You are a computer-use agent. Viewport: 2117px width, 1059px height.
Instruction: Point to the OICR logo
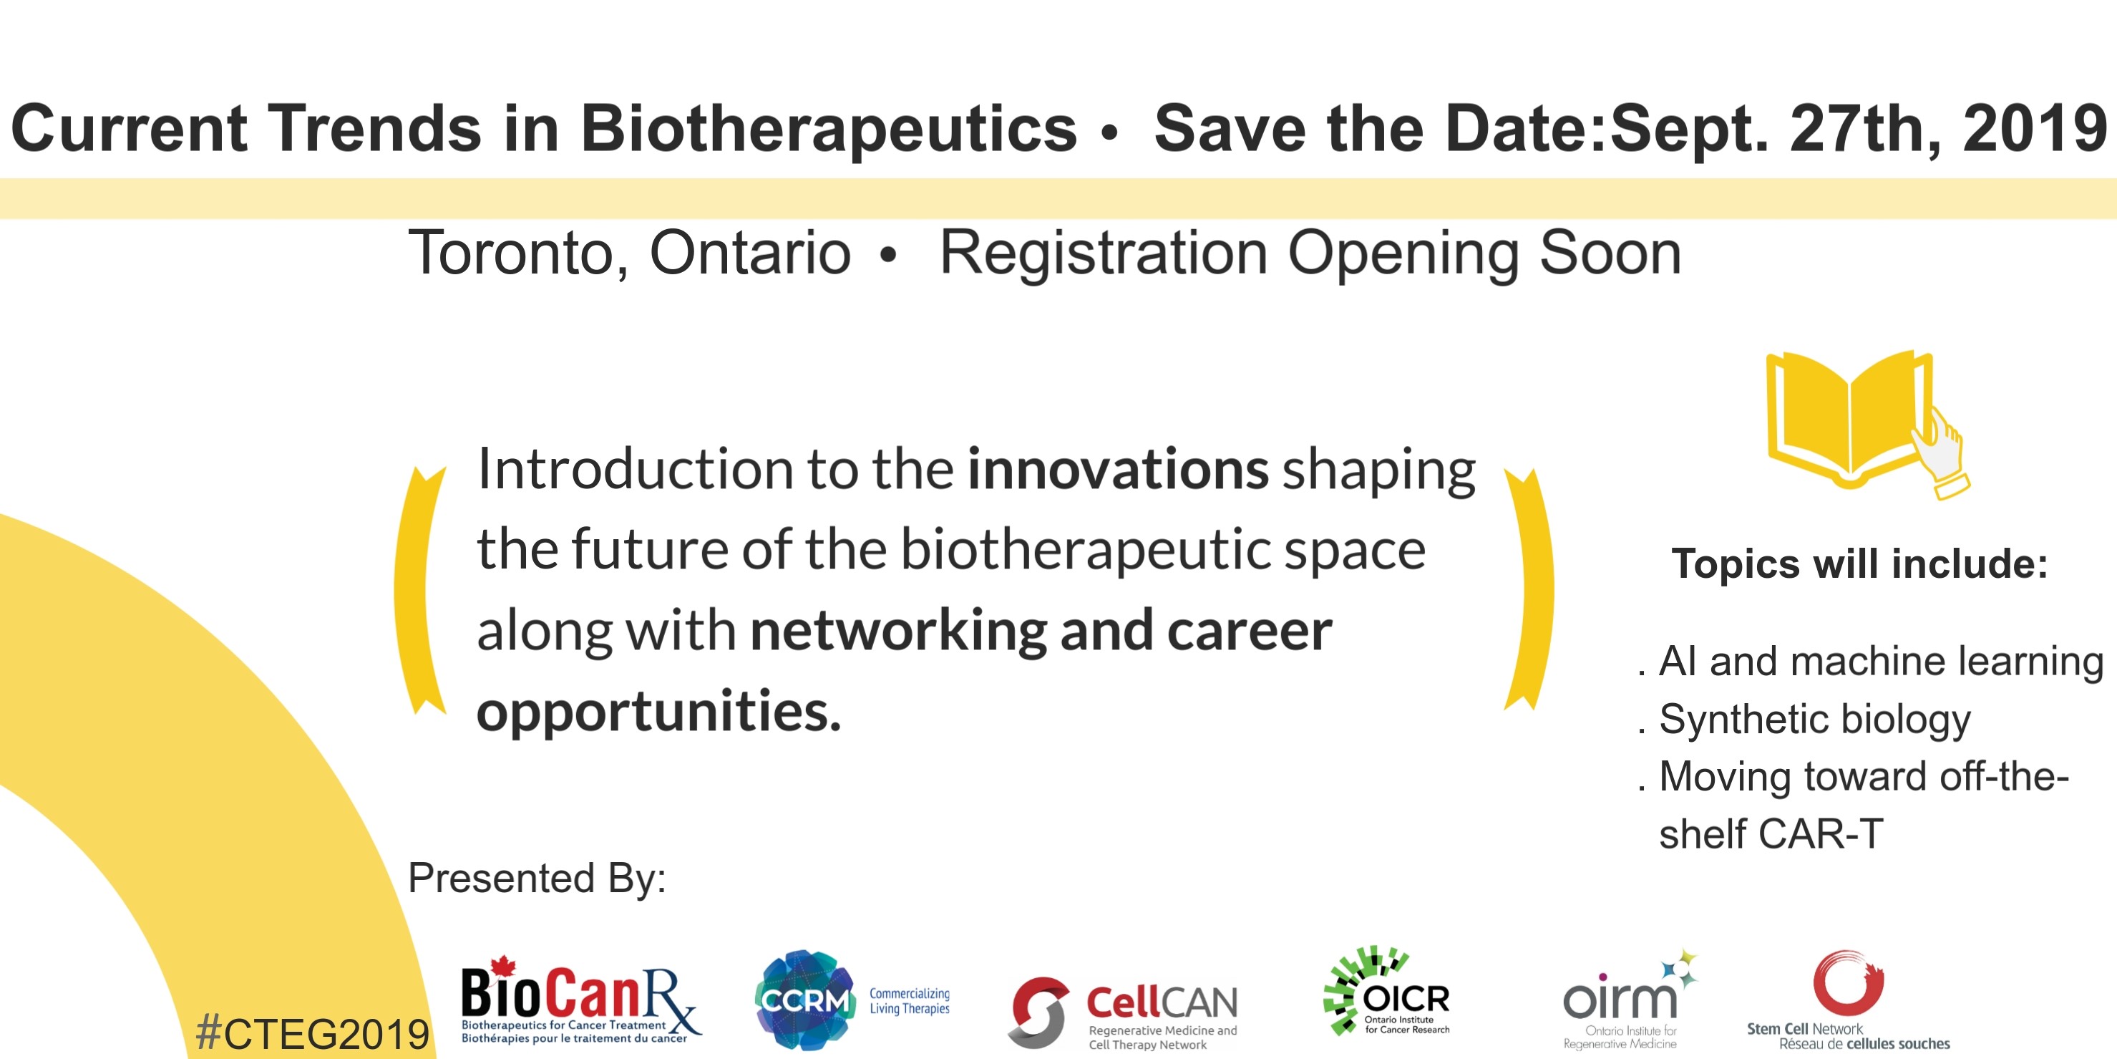(1386, 991)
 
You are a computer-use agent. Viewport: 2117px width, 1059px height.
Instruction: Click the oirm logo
(1628, 1000)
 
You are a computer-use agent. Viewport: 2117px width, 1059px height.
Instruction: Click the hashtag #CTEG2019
(312, 1033)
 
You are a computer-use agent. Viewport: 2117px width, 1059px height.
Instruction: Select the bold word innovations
(1118, 469)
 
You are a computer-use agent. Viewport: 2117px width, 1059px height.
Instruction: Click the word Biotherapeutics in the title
(828, 128)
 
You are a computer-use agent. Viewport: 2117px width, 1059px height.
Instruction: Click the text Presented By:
(537, 878)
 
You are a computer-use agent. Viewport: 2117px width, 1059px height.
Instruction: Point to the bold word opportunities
(659, 712)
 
